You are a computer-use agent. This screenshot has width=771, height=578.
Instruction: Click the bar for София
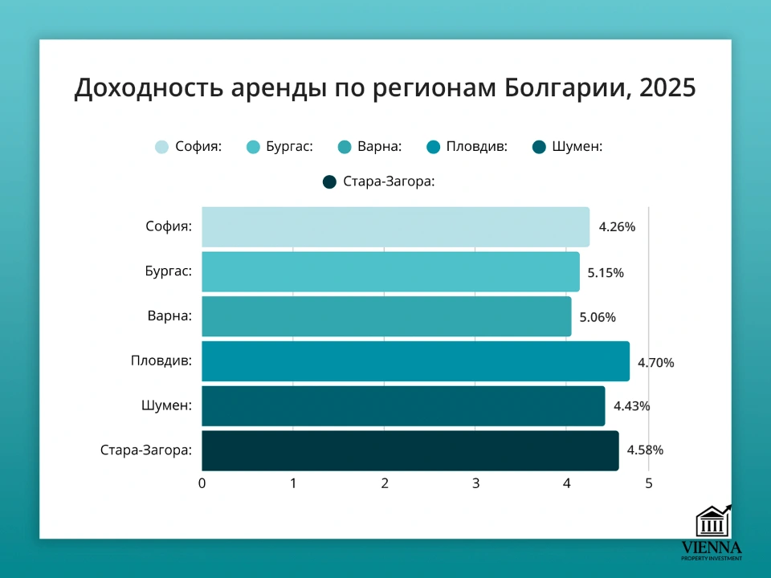[395, 226]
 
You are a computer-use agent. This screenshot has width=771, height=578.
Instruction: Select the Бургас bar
[390, 271]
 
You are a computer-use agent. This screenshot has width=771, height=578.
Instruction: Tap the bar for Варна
[386, 316]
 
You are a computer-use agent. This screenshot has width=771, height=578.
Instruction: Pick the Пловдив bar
[415, 361]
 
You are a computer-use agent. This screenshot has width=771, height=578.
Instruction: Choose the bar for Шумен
[403, 406]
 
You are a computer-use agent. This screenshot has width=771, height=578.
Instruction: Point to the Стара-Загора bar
[410, 450]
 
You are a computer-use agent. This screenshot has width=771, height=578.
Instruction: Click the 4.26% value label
[617, 227]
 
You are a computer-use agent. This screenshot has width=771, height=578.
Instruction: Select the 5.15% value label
[606, 272]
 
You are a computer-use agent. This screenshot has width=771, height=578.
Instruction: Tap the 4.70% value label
[656, 362]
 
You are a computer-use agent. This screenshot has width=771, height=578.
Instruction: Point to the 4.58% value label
[645, 450]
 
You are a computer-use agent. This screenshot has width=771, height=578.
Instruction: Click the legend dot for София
[162, 147]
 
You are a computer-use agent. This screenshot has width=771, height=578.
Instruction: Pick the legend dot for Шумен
[539, 147]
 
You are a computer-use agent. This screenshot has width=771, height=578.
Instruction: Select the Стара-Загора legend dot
[329, 182]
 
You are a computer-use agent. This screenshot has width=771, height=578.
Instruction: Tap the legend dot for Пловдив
[433, 147]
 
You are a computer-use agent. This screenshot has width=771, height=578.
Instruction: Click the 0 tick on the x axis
[202, 483]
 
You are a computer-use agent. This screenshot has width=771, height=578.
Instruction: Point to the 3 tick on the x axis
[475, 483]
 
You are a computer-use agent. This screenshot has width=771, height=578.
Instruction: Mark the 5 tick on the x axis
[648, 483]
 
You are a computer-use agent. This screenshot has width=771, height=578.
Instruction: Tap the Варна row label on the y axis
[169, 316]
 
